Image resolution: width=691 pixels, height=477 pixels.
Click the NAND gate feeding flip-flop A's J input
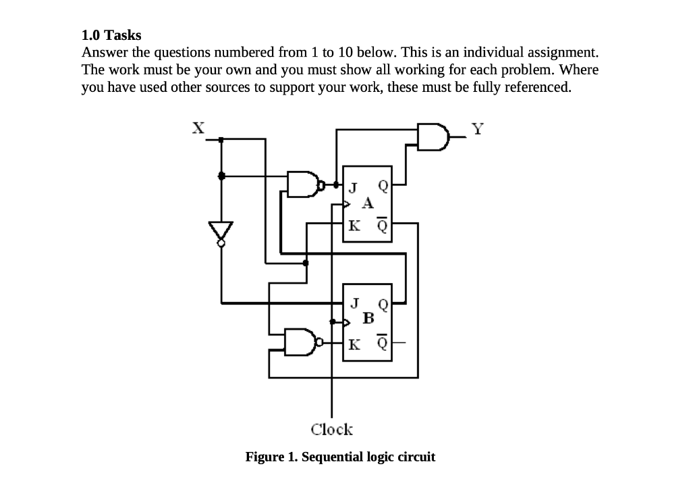[x=303, y=183]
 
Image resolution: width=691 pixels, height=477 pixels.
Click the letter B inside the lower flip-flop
[x=368, y=317]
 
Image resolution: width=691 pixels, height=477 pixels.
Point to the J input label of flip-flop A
[x=352, y=186]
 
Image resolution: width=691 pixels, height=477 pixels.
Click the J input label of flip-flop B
[x=354, y=301]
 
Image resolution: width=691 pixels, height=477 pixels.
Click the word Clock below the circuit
[x=331, y=429]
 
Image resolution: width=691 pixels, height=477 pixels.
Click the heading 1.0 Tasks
[x=111, y=35]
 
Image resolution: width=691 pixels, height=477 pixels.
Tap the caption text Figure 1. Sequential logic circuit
[x=340, y=457]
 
